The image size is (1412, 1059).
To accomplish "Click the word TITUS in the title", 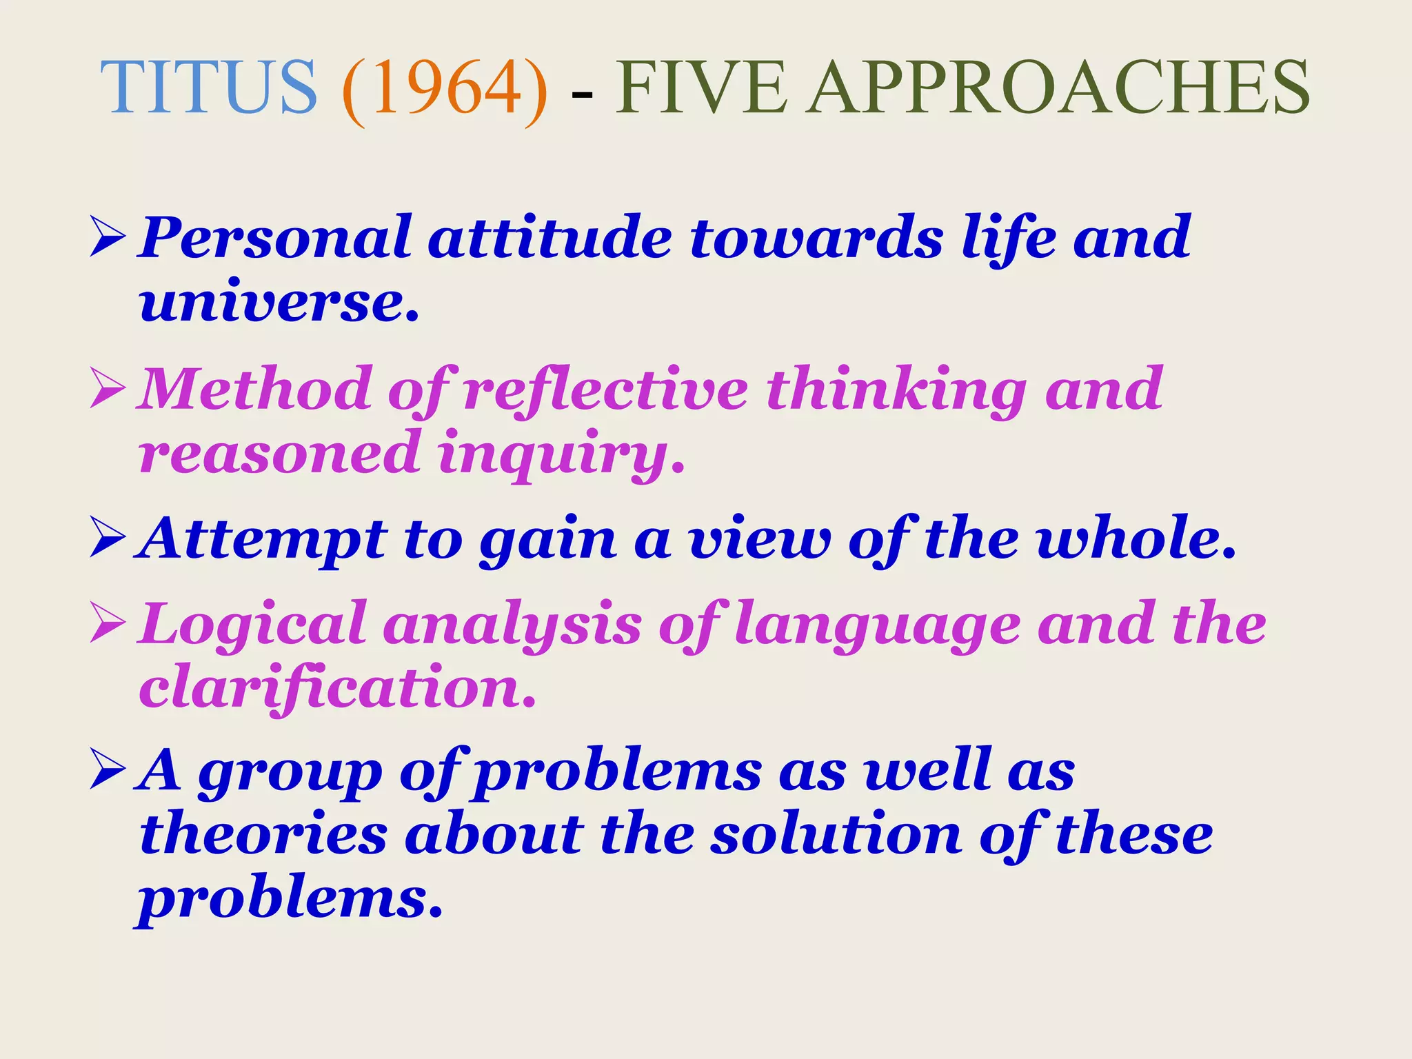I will [209, 88].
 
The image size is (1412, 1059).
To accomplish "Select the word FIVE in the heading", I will [700, 88].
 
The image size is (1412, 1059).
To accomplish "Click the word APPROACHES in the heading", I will [1059, 88].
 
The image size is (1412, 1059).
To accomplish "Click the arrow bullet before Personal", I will [108, 239].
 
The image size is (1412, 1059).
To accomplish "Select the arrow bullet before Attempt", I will [108, 540].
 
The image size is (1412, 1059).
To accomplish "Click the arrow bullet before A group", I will [108, 771].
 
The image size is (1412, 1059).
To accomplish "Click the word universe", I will [279, 303].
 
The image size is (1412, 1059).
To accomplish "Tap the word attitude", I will [549, 239].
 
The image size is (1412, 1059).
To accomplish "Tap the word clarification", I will [338, 688].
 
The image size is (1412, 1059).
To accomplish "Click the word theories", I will [263, 835].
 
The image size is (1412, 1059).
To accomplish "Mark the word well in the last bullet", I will [928, 771].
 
